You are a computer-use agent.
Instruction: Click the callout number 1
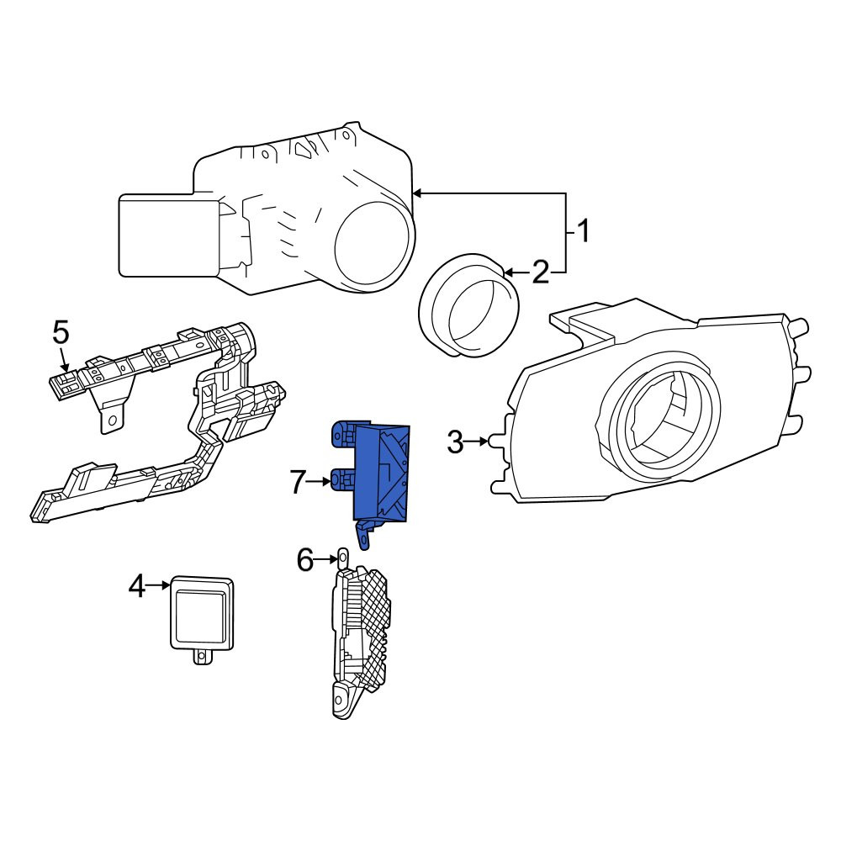583,231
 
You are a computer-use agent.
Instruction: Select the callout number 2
541,272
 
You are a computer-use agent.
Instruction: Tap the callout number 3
455,442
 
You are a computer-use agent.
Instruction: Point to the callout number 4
137,585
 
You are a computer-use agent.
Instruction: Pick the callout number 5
61,333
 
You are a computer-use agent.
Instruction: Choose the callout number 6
305,560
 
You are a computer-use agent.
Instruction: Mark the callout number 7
299,482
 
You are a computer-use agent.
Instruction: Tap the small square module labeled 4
202,614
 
